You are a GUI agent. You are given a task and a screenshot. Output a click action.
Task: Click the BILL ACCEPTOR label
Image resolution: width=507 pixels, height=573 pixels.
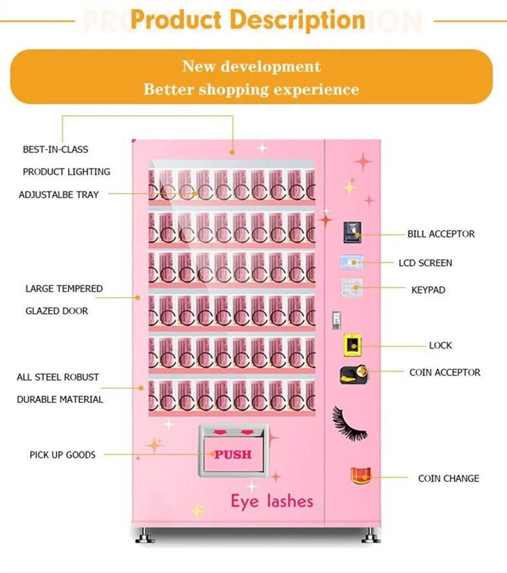click(x=441, y=234)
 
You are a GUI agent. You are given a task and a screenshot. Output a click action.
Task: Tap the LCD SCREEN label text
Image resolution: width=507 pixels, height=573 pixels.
click(x=425, y=263)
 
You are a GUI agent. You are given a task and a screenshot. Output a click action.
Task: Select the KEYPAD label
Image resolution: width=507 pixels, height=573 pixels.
click(x=428, y=290)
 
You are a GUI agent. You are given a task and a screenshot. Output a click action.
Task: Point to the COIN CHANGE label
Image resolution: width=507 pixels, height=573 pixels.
click(x=449, y=479)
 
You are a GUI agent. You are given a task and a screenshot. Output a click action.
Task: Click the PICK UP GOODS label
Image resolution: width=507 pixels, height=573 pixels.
click(x=63, y=455)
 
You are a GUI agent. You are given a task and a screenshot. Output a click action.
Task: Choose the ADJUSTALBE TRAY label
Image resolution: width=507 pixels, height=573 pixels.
click(x=59, y=194)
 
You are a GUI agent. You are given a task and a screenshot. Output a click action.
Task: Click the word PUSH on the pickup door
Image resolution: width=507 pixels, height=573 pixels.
click(x=233, y=454)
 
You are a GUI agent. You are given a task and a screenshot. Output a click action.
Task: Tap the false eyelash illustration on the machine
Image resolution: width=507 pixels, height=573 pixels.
click(x=349, y=423)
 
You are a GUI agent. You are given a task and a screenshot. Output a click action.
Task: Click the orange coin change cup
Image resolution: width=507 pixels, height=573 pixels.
click(x=360, y=474)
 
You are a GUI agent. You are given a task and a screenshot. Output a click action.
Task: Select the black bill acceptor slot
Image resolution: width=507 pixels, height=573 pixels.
click(x=352, y=232)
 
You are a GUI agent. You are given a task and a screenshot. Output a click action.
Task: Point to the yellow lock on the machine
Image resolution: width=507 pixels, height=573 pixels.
click(x=352, y=345)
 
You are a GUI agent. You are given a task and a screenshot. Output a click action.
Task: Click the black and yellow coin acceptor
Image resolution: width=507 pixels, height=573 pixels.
click(x=354, y=374)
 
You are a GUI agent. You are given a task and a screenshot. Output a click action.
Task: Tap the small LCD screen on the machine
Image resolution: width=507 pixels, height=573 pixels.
click(x=351, y=262)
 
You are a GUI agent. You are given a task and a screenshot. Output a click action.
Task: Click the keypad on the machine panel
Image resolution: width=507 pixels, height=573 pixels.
click(x=351, y=288)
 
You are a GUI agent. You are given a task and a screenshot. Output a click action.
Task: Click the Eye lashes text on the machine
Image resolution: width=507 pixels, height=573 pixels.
click(x=272, y=501)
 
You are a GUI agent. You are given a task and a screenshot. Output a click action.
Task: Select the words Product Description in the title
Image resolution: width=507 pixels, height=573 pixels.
click(x=248, y=19)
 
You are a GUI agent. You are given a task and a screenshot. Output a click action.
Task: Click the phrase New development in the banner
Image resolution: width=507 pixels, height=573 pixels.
click(x=251, y=67)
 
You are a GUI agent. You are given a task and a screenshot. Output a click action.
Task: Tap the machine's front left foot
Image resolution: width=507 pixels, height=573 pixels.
click(x=145, y=535)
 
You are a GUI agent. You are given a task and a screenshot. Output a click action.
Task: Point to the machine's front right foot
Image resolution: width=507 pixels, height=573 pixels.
click(x=371, y=535)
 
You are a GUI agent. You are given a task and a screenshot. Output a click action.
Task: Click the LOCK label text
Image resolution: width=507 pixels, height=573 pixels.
click(x=440, y=345)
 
